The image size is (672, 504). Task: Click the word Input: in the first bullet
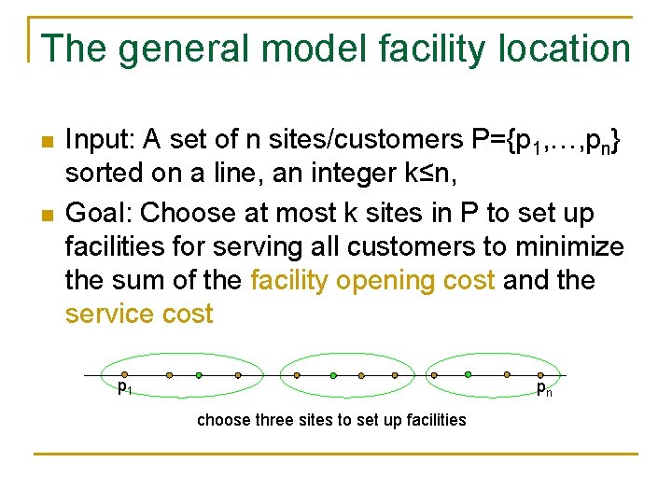coord(100,140)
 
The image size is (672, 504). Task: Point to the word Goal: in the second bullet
coord(99,213)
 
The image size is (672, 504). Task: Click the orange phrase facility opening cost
coord(373,280)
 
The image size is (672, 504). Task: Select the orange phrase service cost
coord(140,314)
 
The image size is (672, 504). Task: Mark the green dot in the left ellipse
coord(199,375)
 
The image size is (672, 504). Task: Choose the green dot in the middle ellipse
coord(333,375)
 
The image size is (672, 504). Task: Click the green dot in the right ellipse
coord(468,375)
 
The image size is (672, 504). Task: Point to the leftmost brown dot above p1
coord(125,374)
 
